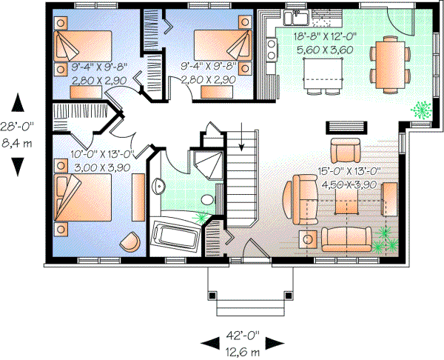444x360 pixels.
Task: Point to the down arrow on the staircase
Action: pyautogui.click(x=242, y=139)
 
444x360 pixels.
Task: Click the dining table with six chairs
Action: pyautogui.click(x=391, y=64)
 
